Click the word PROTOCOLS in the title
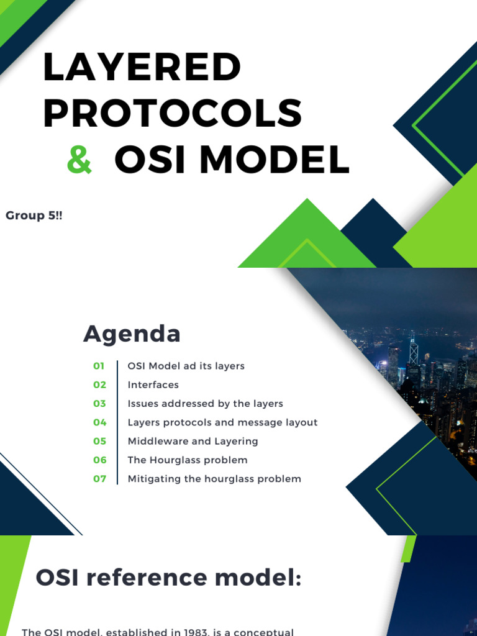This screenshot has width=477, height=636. click(x=172, y=114)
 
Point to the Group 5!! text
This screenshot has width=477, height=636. click(x=34, y=216)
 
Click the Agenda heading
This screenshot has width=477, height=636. click(x=132, y=334)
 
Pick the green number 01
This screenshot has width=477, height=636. click(x=99, y=366)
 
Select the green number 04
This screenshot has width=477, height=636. click(x=99, y=422)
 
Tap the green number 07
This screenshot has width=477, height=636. click(x=99, y=479)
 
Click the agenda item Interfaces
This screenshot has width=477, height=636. click(x=153, y=385)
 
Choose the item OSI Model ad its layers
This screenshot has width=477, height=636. click(x=186, y=366)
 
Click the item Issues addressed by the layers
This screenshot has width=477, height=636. click(x=205, y=404)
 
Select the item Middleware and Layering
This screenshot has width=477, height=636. click(x=193, y=441)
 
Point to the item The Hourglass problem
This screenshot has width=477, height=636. click(x=187, y=460)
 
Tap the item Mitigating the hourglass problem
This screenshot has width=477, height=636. click(x=214, y=479)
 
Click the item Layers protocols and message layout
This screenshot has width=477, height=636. click(x=222, y=422)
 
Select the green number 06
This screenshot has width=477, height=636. click(x=99, y=460)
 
